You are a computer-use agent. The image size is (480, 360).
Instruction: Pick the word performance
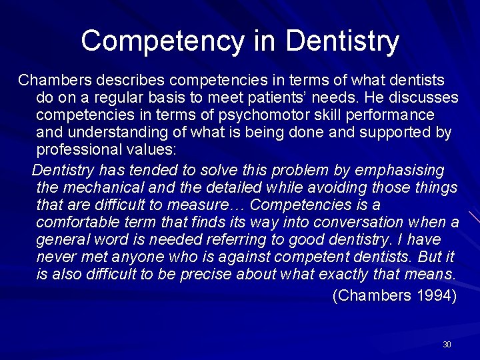(393, 115)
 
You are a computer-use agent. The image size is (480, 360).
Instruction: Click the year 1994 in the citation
(435, 296)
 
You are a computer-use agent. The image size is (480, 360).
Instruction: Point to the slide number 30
(447, 345)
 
